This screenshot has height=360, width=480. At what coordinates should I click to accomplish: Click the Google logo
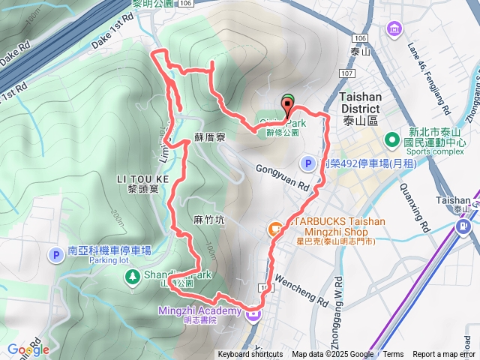[x=28, y=349]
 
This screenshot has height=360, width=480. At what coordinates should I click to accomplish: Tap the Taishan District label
[x=361, y=102]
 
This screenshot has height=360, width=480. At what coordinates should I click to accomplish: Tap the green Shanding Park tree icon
[x=132, y=277]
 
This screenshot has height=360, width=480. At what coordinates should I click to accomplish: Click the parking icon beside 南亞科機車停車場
[x=55, y=256]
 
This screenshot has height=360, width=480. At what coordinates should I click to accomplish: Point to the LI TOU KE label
[x=143, y=178]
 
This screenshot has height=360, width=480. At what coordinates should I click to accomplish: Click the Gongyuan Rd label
[x=282, y=178]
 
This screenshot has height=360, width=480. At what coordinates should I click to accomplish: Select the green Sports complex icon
[x=391, y=140]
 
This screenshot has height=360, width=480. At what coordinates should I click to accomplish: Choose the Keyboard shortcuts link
[x=250, y=355]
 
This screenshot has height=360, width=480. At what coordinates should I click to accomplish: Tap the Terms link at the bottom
[x=392, y=355]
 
